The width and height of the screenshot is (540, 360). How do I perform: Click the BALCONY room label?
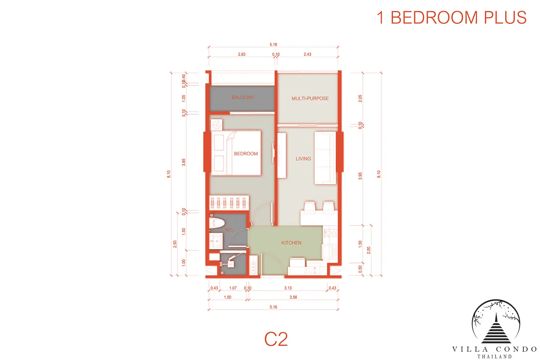243,97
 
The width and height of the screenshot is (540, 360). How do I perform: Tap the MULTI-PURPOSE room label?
310,98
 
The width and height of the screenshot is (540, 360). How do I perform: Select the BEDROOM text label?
246,154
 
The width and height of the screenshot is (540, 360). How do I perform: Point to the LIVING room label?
303,159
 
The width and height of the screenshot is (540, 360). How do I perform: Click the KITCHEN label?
291,243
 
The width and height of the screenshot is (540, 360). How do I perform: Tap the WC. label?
229,230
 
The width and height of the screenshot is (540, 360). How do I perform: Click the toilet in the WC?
217,222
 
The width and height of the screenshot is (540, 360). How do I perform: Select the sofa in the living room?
325,158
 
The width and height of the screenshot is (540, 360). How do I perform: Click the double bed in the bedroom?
236,153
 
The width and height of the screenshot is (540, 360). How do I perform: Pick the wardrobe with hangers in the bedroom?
229,203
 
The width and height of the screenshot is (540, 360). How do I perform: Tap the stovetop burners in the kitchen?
331,233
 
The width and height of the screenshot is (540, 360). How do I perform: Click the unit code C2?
276,339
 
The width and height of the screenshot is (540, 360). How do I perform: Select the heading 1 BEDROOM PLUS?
451,17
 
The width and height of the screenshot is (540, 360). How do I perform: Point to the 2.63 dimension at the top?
242,54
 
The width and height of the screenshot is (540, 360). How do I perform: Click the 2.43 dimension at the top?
307,54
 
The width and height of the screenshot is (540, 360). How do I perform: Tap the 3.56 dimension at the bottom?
293,297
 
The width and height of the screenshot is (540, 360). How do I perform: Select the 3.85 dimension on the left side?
184,162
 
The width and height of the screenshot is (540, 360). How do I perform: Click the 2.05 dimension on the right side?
360,98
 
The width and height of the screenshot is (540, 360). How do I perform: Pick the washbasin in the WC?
216,241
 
